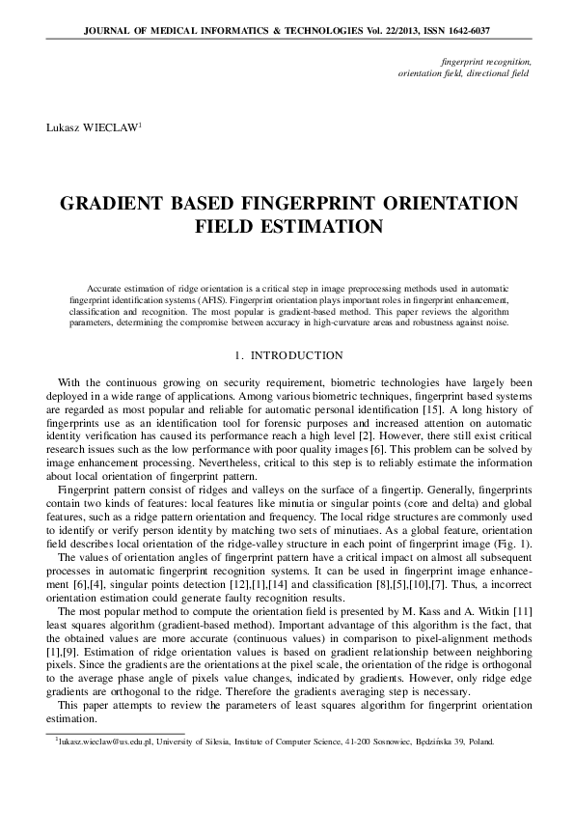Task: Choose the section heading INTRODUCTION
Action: click(x=295, y=356)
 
